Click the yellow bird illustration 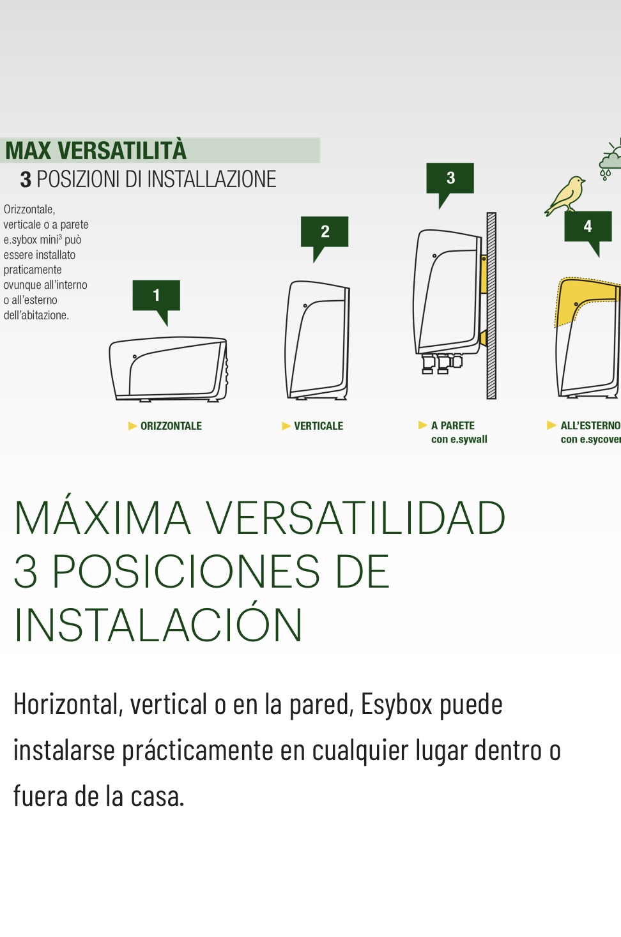565,195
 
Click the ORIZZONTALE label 171,426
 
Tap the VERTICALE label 318,426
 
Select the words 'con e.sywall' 459,439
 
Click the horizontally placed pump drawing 168,370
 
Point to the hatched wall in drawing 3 491,306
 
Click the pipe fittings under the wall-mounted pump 441,363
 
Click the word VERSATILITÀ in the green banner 122,151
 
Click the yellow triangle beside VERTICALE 286,426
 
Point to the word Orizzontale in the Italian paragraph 29,209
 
